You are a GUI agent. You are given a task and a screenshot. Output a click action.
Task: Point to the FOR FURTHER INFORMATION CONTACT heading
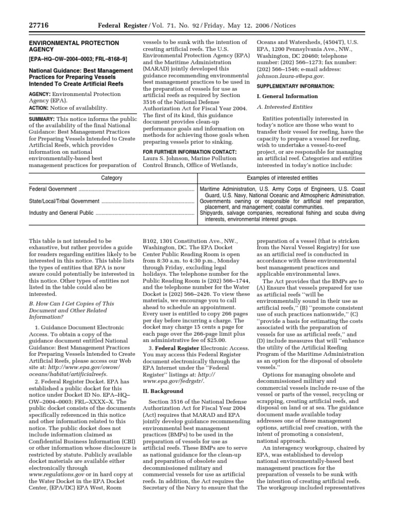189,152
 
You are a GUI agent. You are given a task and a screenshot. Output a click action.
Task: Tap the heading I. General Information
287,96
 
